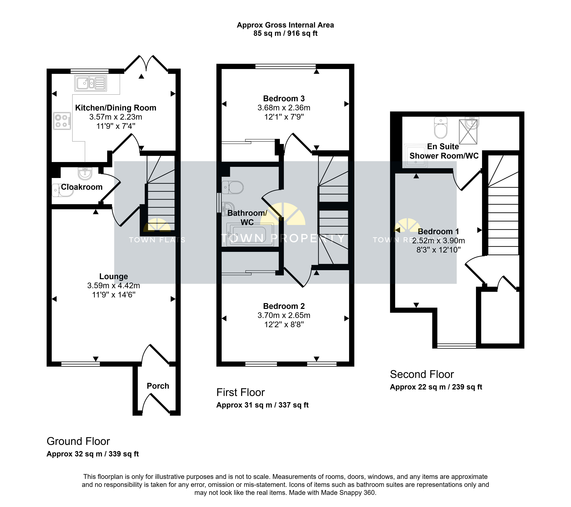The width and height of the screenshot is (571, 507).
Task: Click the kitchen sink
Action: click(x=90, y=83)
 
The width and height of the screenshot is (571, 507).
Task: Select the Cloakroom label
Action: click(x=82, y=187)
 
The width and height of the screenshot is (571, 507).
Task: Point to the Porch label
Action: click(x=158, y=386)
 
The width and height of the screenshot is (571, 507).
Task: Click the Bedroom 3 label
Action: click(x=284, y=99)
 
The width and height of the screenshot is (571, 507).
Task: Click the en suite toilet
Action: click(x=441, y=128)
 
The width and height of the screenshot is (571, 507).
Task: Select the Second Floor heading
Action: click(x=422, y=374)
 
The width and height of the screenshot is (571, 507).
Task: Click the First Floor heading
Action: click(x=241, y=392)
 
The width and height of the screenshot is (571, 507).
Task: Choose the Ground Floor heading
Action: click(x=78, y=441)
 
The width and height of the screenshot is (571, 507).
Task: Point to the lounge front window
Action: click(x=80, y=364)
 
